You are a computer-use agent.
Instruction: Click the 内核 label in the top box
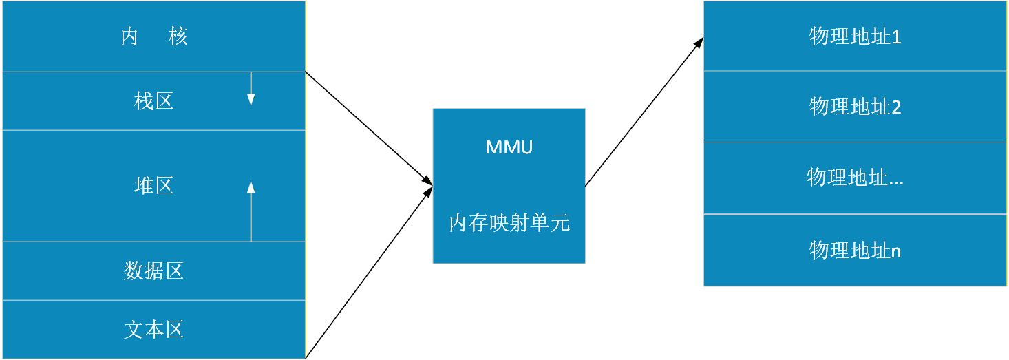click(x=154, y=36)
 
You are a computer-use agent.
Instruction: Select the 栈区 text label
click(x=153, y=101)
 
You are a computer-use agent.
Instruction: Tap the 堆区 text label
click(x=153, y=185)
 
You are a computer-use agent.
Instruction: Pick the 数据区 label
click(x=153, y=271)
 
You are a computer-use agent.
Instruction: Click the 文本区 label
click(x=153, y=329)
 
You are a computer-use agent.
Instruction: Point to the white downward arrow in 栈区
click(x=251, y=89)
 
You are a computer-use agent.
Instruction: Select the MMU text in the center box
click(x=509, y=147)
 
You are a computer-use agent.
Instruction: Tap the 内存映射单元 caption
click(x=509, y=223)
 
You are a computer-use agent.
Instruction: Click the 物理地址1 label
click(x=855, y=36)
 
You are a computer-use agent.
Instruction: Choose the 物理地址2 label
click(x=855, y=107)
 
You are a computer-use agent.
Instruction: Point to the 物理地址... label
click(x=855, y=178)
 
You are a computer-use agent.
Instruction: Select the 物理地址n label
click(x=855, y=250)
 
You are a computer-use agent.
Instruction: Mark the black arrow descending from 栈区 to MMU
click(x=368, y=128)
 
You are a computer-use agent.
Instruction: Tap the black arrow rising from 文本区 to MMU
click(x=368, y=273)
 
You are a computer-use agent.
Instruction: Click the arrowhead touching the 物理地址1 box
click(x=699, y=41)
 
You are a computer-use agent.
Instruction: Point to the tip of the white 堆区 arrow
click(x=251, y=183)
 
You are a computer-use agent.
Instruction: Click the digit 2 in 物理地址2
click(x=896, y=107)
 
